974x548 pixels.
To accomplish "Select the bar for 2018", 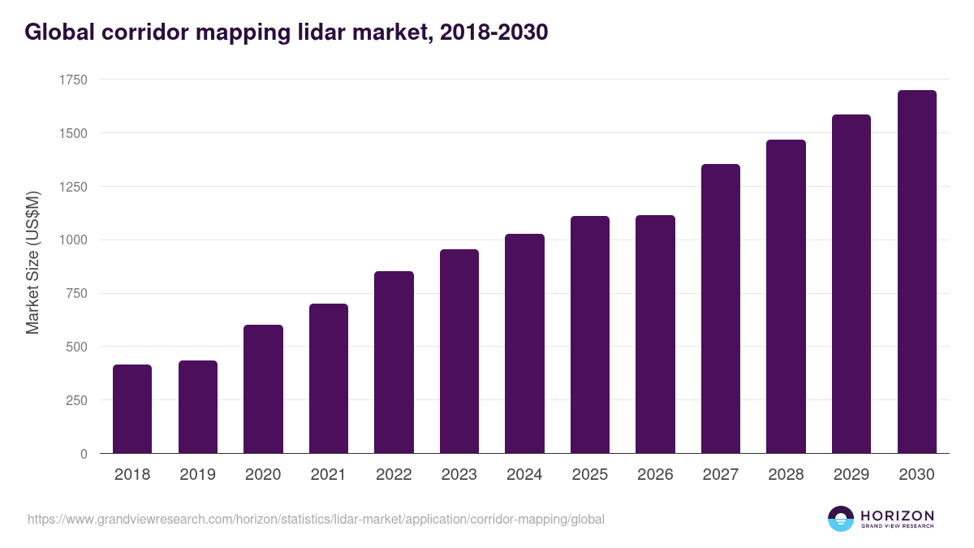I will (x=132, y=409).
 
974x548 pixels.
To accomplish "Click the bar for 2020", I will (x=263, y=389).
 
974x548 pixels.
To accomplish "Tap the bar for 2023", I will (x=459, y=352).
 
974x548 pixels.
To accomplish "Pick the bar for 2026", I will (x=655, y=334).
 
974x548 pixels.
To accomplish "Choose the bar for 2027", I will (x=721, y=309).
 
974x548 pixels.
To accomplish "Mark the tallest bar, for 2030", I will (x=916, y=272).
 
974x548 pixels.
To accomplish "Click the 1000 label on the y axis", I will (x=73, y=240).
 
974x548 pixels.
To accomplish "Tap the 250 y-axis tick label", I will (x=76, y=400).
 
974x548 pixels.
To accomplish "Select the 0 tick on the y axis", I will (x=84, y=454).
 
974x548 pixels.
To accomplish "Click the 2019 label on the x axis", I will (x=197, y=475).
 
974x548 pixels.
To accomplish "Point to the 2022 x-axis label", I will (x=394, y=475).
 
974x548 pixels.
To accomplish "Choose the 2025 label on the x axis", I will (x=590, y=475).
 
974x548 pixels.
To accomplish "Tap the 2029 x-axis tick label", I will (x=851, y=475).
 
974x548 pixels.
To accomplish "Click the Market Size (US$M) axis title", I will (x=32, y=262).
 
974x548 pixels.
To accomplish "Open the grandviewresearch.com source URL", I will (x=316, y=519).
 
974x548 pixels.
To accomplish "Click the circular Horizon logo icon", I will (x=841, y=519).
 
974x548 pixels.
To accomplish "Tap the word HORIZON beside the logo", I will (x=897, y=516).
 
